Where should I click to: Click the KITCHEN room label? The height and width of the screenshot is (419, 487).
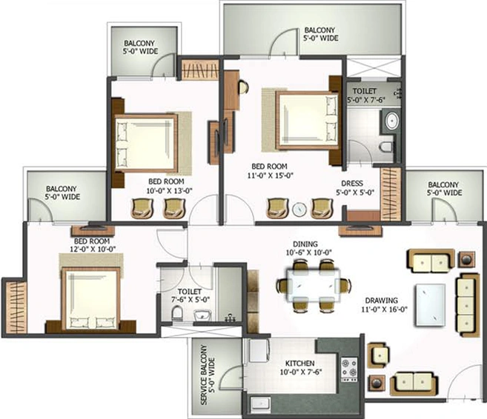299,363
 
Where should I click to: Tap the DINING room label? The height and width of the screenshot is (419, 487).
305,244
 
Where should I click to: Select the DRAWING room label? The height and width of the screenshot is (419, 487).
381,301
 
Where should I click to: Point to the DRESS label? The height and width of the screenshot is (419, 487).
352,184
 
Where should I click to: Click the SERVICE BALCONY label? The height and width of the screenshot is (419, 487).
204,375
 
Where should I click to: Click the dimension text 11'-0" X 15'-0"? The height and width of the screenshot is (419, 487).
271,175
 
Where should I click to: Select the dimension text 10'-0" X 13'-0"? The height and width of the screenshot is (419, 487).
169,191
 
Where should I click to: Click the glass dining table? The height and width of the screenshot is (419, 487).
314,286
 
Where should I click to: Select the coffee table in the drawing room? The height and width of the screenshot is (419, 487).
431,305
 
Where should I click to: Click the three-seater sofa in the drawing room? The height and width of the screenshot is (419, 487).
467,305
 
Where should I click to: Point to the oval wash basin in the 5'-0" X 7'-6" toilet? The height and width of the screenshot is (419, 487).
391,120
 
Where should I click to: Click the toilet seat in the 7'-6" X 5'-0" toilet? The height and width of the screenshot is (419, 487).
177,314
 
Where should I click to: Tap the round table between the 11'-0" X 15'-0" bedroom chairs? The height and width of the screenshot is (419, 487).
299,209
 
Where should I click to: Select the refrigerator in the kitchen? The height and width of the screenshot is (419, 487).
259,350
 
